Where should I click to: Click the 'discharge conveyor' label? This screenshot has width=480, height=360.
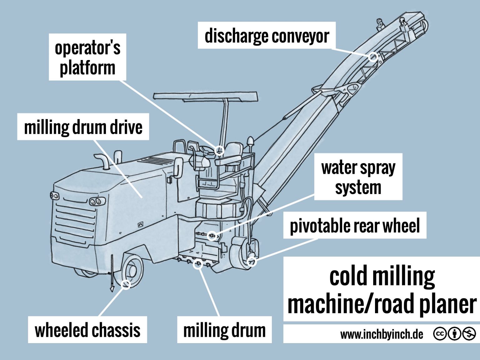click(267, 36)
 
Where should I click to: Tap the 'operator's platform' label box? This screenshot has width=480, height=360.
click(87, 57)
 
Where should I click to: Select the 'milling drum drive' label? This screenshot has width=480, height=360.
click(83, 127)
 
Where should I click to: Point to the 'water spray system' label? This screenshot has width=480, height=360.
click(358, 177)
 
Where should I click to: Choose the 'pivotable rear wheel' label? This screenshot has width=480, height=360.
click(355, 226)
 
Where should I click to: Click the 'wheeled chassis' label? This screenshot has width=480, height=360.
click(87, 330)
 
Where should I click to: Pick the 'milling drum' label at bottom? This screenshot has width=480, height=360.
click(224, 330)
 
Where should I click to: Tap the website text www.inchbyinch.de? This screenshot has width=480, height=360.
click(382, 334)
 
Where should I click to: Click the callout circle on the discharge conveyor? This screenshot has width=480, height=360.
click(372, 57)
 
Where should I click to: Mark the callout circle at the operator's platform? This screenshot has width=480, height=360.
click(220, 150)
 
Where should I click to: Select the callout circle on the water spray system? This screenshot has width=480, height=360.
click(212, 235)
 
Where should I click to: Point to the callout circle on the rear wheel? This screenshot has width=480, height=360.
click(252, 262)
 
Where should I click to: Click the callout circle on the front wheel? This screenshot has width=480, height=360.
click(126, 284)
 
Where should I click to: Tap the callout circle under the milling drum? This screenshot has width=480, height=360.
click(197, 264)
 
